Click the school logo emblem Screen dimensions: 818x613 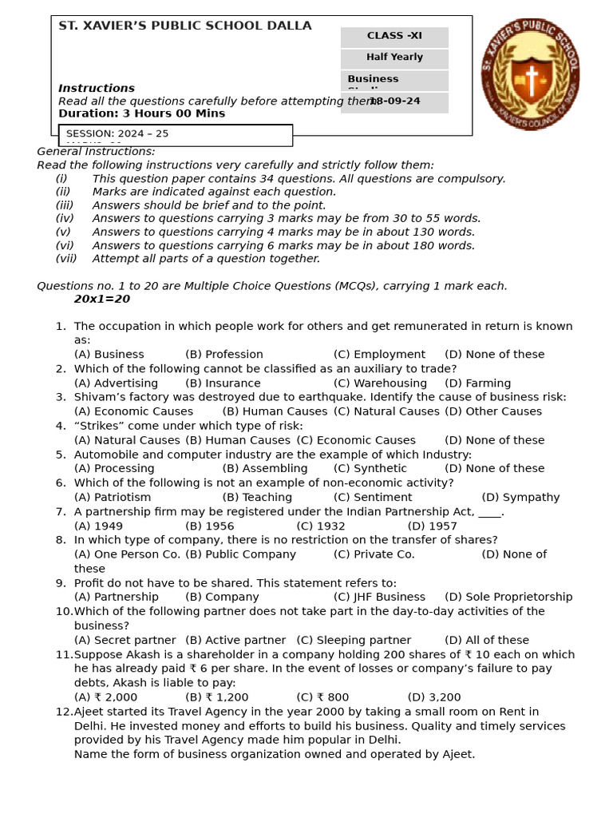[x=530, y=74]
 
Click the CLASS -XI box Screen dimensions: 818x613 [x=394, y=37]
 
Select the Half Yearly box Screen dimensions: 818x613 [x=394, y=58]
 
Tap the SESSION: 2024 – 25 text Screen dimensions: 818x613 [x=117, y=133]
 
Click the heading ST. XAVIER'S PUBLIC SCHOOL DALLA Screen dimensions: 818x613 [x=185, y=26]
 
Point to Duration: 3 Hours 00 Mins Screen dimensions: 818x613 [x=141, y=113]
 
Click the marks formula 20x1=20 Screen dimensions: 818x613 [x=102, y=300]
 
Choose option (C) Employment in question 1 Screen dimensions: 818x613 [x=379, y=355]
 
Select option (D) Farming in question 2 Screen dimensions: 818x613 [x=477, y=383]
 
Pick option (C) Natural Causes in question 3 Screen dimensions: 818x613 [x=386, y=411]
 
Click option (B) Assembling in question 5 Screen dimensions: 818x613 [x=265, y=469]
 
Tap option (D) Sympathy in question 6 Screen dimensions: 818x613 [x=520, y=498]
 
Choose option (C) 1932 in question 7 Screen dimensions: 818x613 [x=321, y=526]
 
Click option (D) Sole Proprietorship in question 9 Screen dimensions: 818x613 [x=508, y=598]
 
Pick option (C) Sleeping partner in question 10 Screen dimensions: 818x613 [x=354, y=641]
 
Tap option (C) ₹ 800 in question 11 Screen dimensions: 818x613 [x=322, y=697]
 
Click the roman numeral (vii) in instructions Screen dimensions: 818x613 [x=66, y=259]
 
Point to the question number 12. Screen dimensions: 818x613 [x=64, y=712]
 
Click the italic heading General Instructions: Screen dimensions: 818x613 [x=96, y=152]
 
